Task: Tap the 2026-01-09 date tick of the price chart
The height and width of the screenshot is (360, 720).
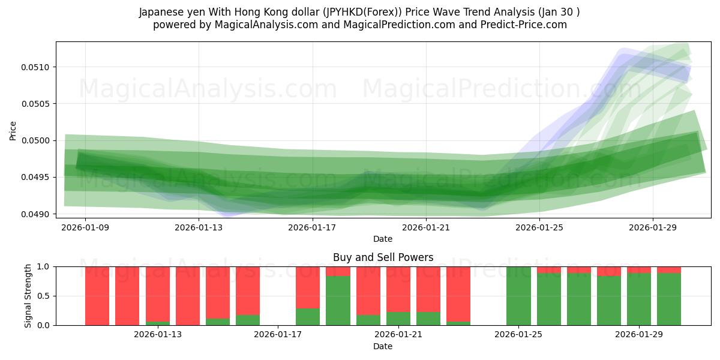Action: [85, 227]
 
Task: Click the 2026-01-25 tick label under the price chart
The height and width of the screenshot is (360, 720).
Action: [539, 227]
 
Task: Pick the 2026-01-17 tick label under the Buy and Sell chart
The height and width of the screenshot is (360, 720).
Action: [278, 335]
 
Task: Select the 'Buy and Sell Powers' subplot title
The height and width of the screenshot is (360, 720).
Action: [383, 257]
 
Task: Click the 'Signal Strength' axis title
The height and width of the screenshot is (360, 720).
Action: [28, 296]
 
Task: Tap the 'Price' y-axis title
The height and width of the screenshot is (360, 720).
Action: [13, 130]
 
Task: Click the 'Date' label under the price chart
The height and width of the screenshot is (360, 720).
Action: [383, 239]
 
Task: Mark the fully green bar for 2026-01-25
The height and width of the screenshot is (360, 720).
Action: [519, 296]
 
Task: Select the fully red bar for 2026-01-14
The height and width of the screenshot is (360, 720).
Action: [188, 296]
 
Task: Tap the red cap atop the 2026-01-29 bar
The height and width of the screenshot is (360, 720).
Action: [639, 269]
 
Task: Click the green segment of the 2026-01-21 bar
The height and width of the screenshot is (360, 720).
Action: [428, 319]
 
